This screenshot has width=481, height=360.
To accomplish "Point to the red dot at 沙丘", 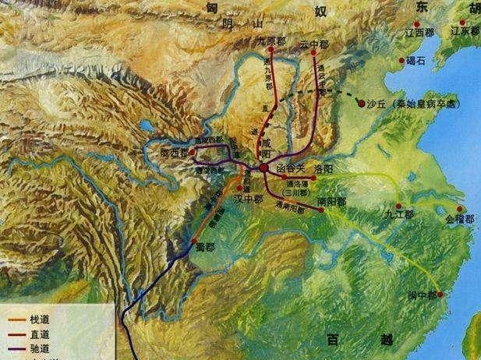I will (x=361, y=101).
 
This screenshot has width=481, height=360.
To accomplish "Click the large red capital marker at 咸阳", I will (x=265, y=168).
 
